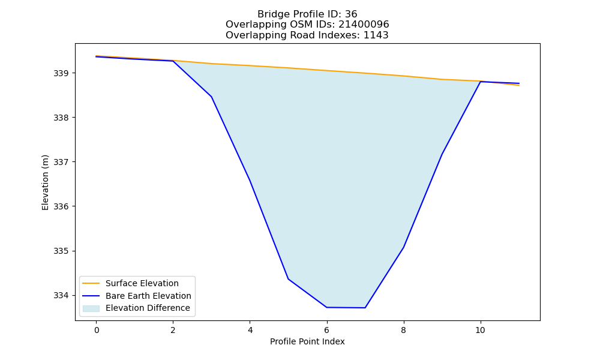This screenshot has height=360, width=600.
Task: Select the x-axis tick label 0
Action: click(97, 330)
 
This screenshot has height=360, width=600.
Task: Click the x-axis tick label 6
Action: click(327, 330)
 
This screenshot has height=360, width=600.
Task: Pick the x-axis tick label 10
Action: click(480, 330)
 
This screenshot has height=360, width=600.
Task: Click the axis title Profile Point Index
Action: click(307, 341)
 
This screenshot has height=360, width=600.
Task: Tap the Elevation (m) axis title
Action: click(45, 182)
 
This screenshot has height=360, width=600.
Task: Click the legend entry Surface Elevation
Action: click(142, 283)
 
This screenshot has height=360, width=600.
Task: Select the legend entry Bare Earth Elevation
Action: click(148, 296)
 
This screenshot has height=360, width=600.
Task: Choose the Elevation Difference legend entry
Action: click(148, 308)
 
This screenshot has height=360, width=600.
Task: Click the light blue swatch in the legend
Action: click(91, 308)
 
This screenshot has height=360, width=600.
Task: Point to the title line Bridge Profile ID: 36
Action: click(307, 14)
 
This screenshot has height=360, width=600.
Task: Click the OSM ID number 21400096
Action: click(364, 25)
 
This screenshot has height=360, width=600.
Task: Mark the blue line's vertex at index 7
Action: click(365, 308)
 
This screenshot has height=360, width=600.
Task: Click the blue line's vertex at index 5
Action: click(288, 279)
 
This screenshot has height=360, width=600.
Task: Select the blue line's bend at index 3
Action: click(211, 97)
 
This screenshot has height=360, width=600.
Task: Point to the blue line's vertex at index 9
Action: click(442, 154)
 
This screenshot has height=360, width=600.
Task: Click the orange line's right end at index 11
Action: click(519, 85)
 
